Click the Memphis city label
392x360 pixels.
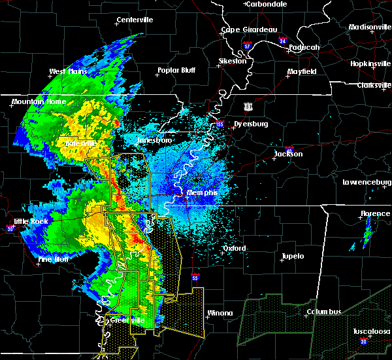click(202, 193)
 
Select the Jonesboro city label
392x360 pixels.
click(154, 140)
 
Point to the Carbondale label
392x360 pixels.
click(269, 4)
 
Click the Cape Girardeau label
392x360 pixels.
click(249, 29)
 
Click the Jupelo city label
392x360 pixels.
click(293, 256)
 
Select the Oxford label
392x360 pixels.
click(234, 249)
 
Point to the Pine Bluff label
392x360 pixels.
click(54, 259)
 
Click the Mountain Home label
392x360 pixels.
click(37, 102)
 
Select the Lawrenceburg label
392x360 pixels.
click(367, 182)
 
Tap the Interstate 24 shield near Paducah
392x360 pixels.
click(282, 41)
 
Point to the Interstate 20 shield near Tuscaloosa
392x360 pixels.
click(363, 341)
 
